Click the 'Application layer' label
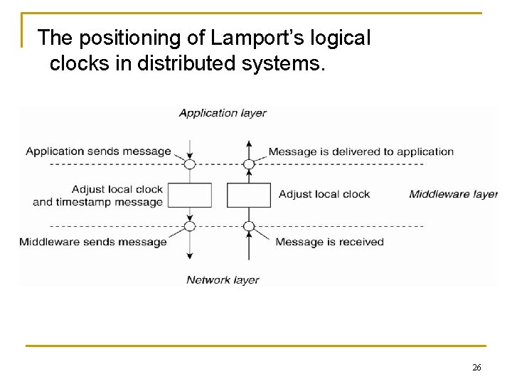[x=223, y=113]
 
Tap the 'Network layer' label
[x=223, y=280]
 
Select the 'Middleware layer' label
[x=453, y=194]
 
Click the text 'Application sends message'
[x=98, y=151]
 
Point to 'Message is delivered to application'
[x=361, y=151]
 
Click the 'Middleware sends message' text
[x=93, y=242]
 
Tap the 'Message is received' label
[x=329, y=242]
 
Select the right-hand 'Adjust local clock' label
[x=324, y=194]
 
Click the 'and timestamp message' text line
[x=98, y=202]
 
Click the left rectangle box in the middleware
[x=190, y=195]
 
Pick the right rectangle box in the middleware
[x=249, y=195]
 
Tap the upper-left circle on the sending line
[x=190, y=164]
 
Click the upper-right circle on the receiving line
[x=249, y=164]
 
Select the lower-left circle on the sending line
[x=190, y=227]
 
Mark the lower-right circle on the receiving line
[x=249, y=227]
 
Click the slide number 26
[x=476, y=368]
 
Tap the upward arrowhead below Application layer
[x=249, y=144]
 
